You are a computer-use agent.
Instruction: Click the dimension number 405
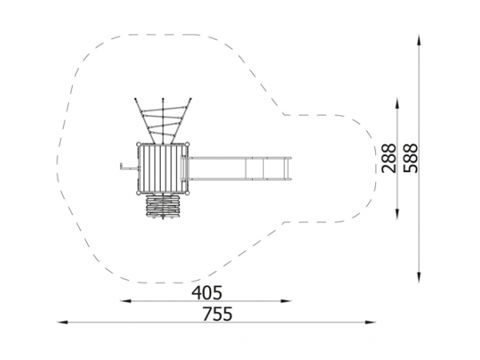click(206, 293)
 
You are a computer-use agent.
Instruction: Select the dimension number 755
click(218, 314)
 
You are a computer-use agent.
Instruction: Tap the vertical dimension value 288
click(389, 158)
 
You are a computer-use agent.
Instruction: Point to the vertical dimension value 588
click(410, 158)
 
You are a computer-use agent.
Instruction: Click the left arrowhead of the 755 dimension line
click(62, 322)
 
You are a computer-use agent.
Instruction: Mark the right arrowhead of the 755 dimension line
click(370, 322)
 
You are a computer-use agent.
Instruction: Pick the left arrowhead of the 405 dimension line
click(126, 301)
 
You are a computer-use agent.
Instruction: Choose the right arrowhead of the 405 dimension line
click(286, 301)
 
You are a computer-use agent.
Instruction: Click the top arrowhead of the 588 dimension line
click(418, 41)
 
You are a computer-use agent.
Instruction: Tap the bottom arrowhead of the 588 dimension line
click(418, 277)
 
